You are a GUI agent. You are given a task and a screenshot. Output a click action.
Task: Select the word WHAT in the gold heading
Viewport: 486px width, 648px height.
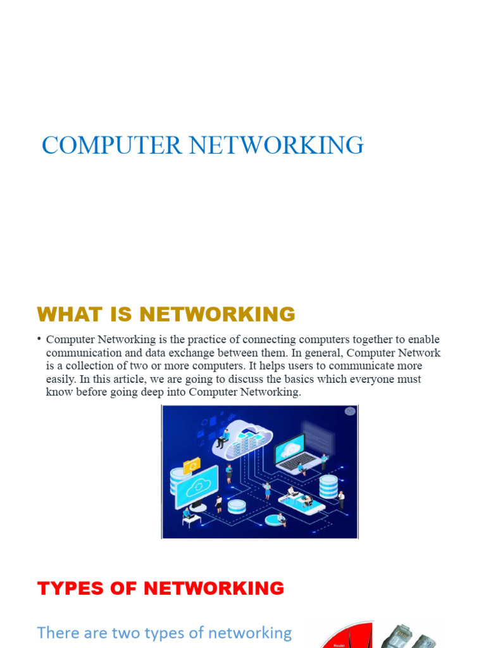pos(66,314)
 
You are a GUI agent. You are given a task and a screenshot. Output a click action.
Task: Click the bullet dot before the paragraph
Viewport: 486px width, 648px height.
pos(39,339)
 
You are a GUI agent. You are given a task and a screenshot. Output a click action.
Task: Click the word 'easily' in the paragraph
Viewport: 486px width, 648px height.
pos(61,379)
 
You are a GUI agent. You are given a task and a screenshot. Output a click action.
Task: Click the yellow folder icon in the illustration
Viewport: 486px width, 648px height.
pos(191,466)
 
